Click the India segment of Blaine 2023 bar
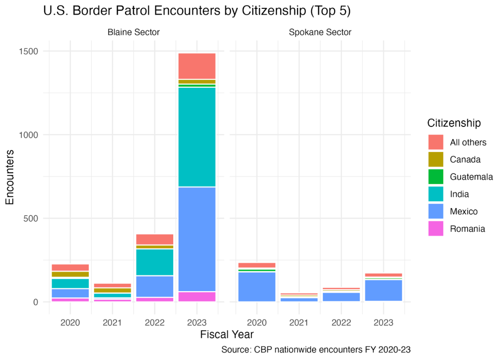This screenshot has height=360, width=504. click(197, 137)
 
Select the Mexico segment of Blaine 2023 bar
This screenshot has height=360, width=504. click(197, 239)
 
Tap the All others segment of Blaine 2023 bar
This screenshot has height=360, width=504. click(197, 66)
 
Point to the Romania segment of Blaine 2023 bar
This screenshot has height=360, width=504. click(197, 297)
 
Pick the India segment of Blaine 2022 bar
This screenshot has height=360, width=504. click(155, 262)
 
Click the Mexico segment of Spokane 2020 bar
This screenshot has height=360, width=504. click(257, 287)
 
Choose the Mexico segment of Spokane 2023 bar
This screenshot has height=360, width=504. click(383, 291)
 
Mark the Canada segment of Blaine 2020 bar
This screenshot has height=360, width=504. click(70, 274)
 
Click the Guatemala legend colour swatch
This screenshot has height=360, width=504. click(435, 177)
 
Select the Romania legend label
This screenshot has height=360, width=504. click(467, 229)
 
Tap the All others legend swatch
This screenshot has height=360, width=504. click(435, 142)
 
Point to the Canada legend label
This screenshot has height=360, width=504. click(465, 159)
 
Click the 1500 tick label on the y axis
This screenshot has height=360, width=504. click(28, 51)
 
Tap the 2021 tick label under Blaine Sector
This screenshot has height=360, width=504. click(112, 322)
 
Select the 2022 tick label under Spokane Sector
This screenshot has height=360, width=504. click(341, 322)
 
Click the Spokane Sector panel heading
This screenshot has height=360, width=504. click(320, 32)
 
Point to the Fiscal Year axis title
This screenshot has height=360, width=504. click(227, 335)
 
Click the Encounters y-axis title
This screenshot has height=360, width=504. click(10, 177)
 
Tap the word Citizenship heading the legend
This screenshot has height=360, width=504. click(454, 123)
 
